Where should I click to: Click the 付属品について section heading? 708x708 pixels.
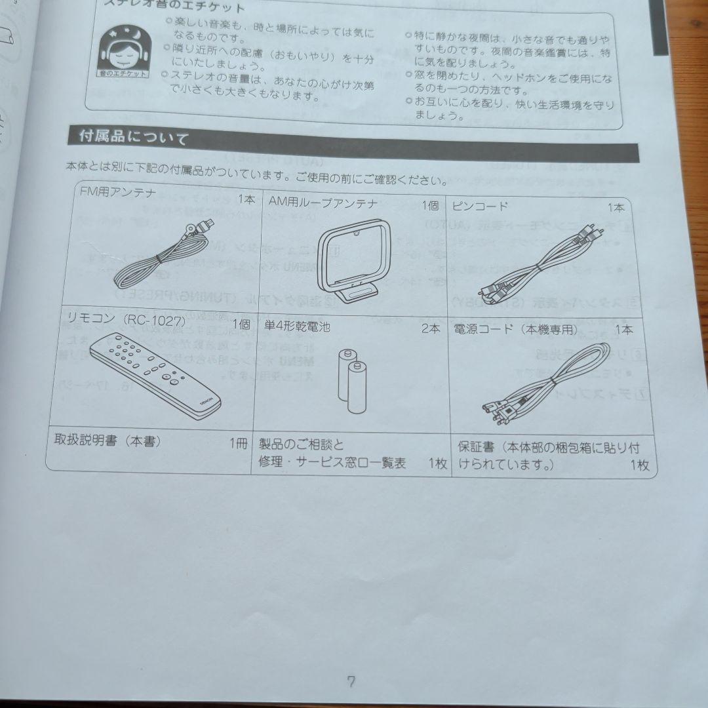(x=134, y=137)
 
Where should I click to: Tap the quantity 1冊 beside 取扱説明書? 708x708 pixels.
(x=239, y=443)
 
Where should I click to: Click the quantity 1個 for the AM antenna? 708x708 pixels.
(x=430, y=205)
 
